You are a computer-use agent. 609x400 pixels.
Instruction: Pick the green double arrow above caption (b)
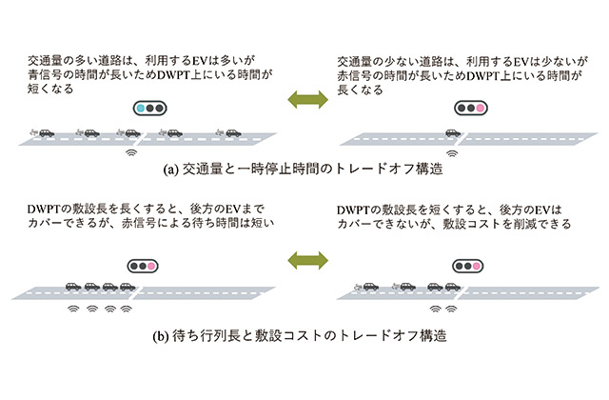tap(304, 259)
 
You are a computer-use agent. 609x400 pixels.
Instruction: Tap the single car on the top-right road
tap(452, 133)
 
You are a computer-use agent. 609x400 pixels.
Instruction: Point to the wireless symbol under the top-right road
tap(452, 150)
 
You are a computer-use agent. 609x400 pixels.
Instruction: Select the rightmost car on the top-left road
tap(232, 132)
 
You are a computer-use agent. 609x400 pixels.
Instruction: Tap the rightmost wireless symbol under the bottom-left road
tap(125, 309)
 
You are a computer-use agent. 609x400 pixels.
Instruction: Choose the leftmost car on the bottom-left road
tap(71, 285)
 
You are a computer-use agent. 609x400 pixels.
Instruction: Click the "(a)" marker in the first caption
tap(171, 170)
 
